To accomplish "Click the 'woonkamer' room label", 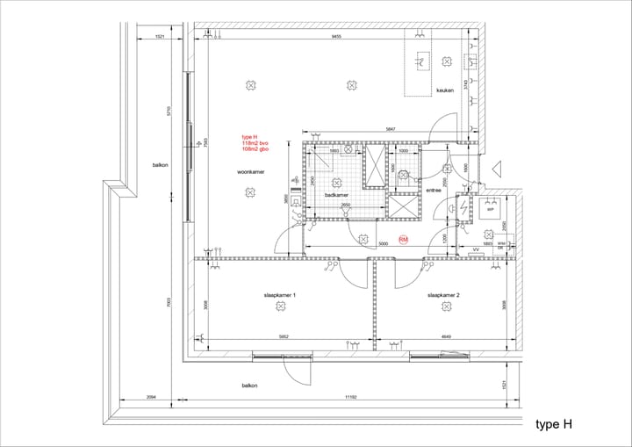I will click(x=250, y=172).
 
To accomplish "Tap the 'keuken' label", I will click(x=446, y=90).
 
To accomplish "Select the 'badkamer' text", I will click(x=337, y=195).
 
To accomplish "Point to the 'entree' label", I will click(x=432, y=189).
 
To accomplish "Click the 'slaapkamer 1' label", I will click(x=281, y=295).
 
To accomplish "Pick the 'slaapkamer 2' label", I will click(x=444, y=295).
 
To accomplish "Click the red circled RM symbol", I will click(x=404, y=240).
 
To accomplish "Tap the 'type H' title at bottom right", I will click(x=554, y=424).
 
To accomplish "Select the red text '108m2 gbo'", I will click(x=255, y=150).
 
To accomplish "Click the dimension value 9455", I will click(x=336, y=37).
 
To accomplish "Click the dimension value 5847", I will click(x=389, y=130).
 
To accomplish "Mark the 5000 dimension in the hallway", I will click(x=383, y=244).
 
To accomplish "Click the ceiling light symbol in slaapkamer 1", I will click(x=281, y=306).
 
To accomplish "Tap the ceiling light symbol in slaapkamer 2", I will click(x=445, y=306).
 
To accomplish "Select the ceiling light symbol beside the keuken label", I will click(x=449, y=61).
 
